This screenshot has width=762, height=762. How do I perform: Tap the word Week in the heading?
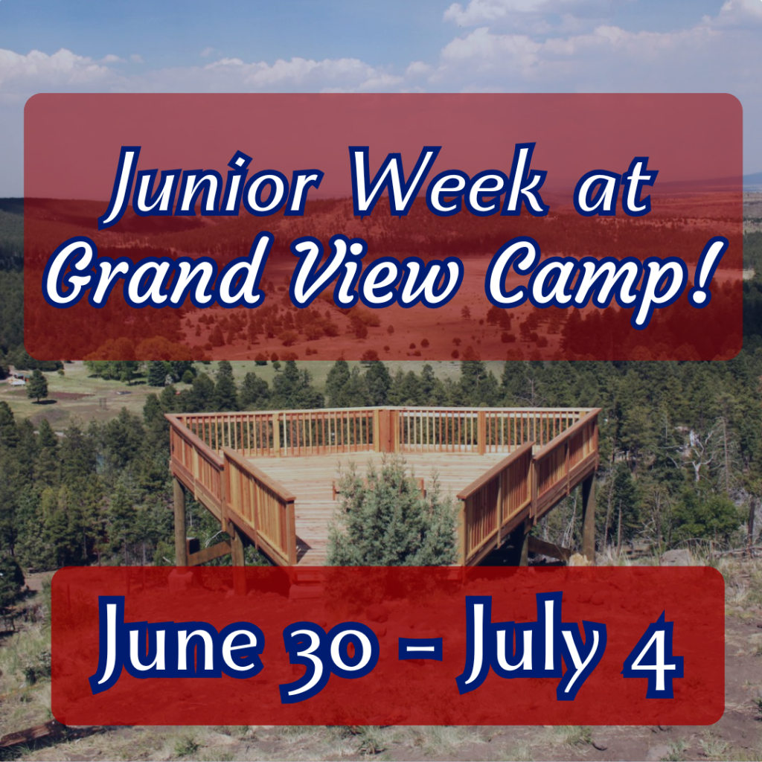(448, 180)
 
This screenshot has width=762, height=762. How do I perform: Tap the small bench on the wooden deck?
(378, 486)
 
